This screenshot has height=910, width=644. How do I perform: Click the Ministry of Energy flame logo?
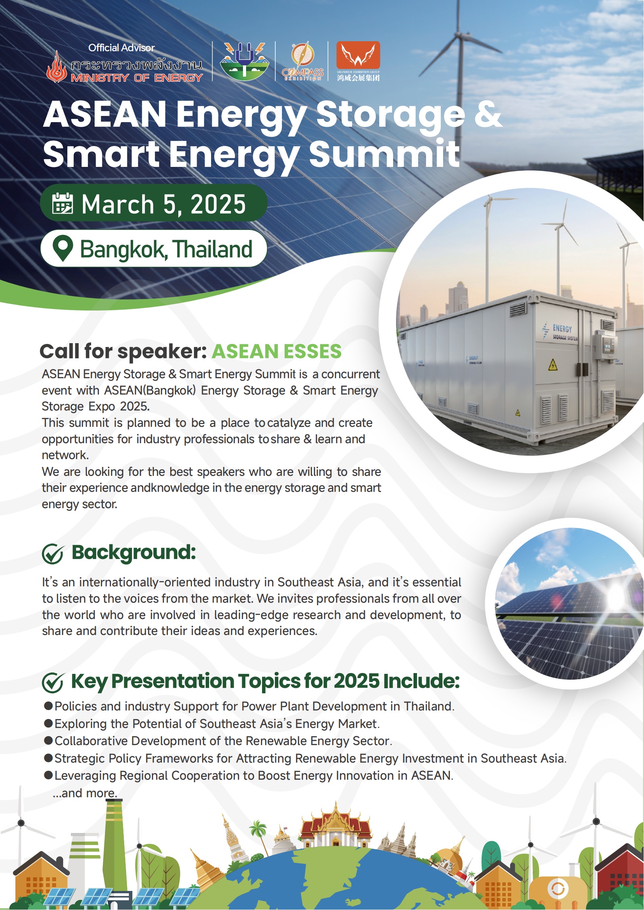tap(57, 67)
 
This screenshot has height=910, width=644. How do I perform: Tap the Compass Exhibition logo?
tap(303, 61)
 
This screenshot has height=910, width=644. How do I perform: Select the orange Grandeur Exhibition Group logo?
tap(358, 61)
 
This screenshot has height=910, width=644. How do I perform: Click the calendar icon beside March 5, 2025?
tap(63, 203)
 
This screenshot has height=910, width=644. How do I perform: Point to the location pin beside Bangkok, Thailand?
tap(63, 249)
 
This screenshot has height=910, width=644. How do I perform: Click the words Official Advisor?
tap(121, 48)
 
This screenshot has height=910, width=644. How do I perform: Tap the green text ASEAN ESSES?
tap(276, 352)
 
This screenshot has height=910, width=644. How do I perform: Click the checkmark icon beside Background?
tap(52, 553)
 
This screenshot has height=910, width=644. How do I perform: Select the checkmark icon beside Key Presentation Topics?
tap(52, 682)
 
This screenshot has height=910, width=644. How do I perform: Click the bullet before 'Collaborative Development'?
tap(48, 740)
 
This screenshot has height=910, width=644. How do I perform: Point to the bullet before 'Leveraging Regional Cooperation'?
tap(48, 775)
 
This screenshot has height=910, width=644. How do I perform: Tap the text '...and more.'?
tap(85, 793)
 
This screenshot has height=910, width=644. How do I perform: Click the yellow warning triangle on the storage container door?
tap(553, 365)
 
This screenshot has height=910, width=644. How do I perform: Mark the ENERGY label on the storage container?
tap(562, 328)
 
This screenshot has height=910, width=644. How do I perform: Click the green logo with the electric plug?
tap(244, 61)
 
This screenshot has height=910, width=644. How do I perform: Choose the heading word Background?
tap(134, 552)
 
